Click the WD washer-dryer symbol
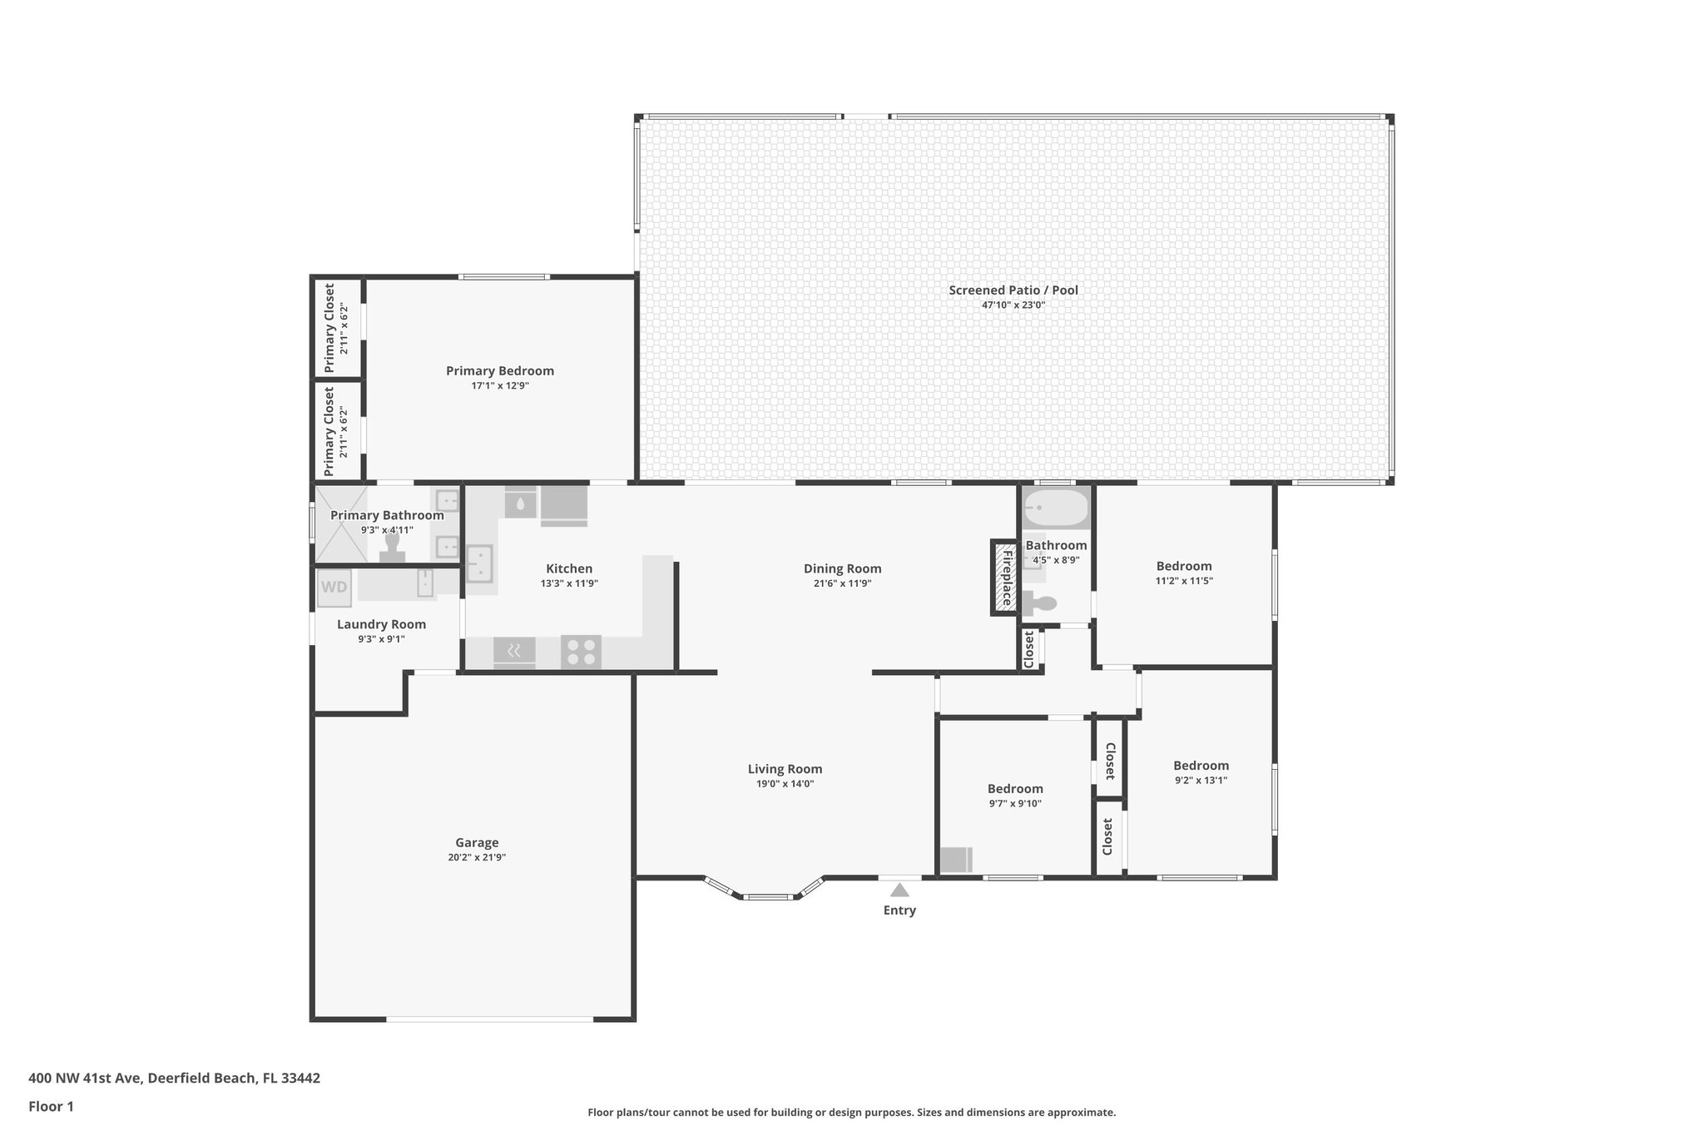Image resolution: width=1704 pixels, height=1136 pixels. [334, 588]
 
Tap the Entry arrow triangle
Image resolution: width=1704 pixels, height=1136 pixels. [899, 890]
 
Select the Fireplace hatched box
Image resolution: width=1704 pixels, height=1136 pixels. [1005, 578]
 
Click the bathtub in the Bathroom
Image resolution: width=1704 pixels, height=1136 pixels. [1055, 507]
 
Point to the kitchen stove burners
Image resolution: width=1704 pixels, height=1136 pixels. [581, 651]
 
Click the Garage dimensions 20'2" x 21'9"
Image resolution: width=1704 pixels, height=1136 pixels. [477, 857]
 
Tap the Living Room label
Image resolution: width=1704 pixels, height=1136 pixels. [785, 769]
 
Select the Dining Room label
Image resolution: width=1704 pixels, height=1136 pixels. [842, 568]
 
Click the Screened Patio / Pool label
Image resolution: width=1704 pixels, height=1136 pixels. [1013, 290]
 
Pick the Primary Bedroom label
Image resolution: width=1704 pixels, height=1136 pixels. [499, 371]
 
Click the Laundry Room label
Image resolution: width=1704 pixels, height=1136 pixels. [381, 624]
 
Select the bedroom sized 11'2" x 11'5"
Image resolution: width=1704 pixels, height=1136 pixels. [1184, 573]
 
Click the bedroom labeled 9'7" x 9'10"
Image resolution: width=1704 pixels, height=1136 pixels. [1015, 796]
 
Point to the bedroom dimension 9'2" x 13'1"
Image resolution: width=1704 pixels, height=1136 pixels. [1201, 781]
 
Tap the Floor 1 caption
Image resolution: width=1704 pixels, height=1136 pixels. [51, 1107]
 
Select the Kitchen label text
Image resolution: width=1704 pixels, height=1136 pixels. [569, 568]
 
